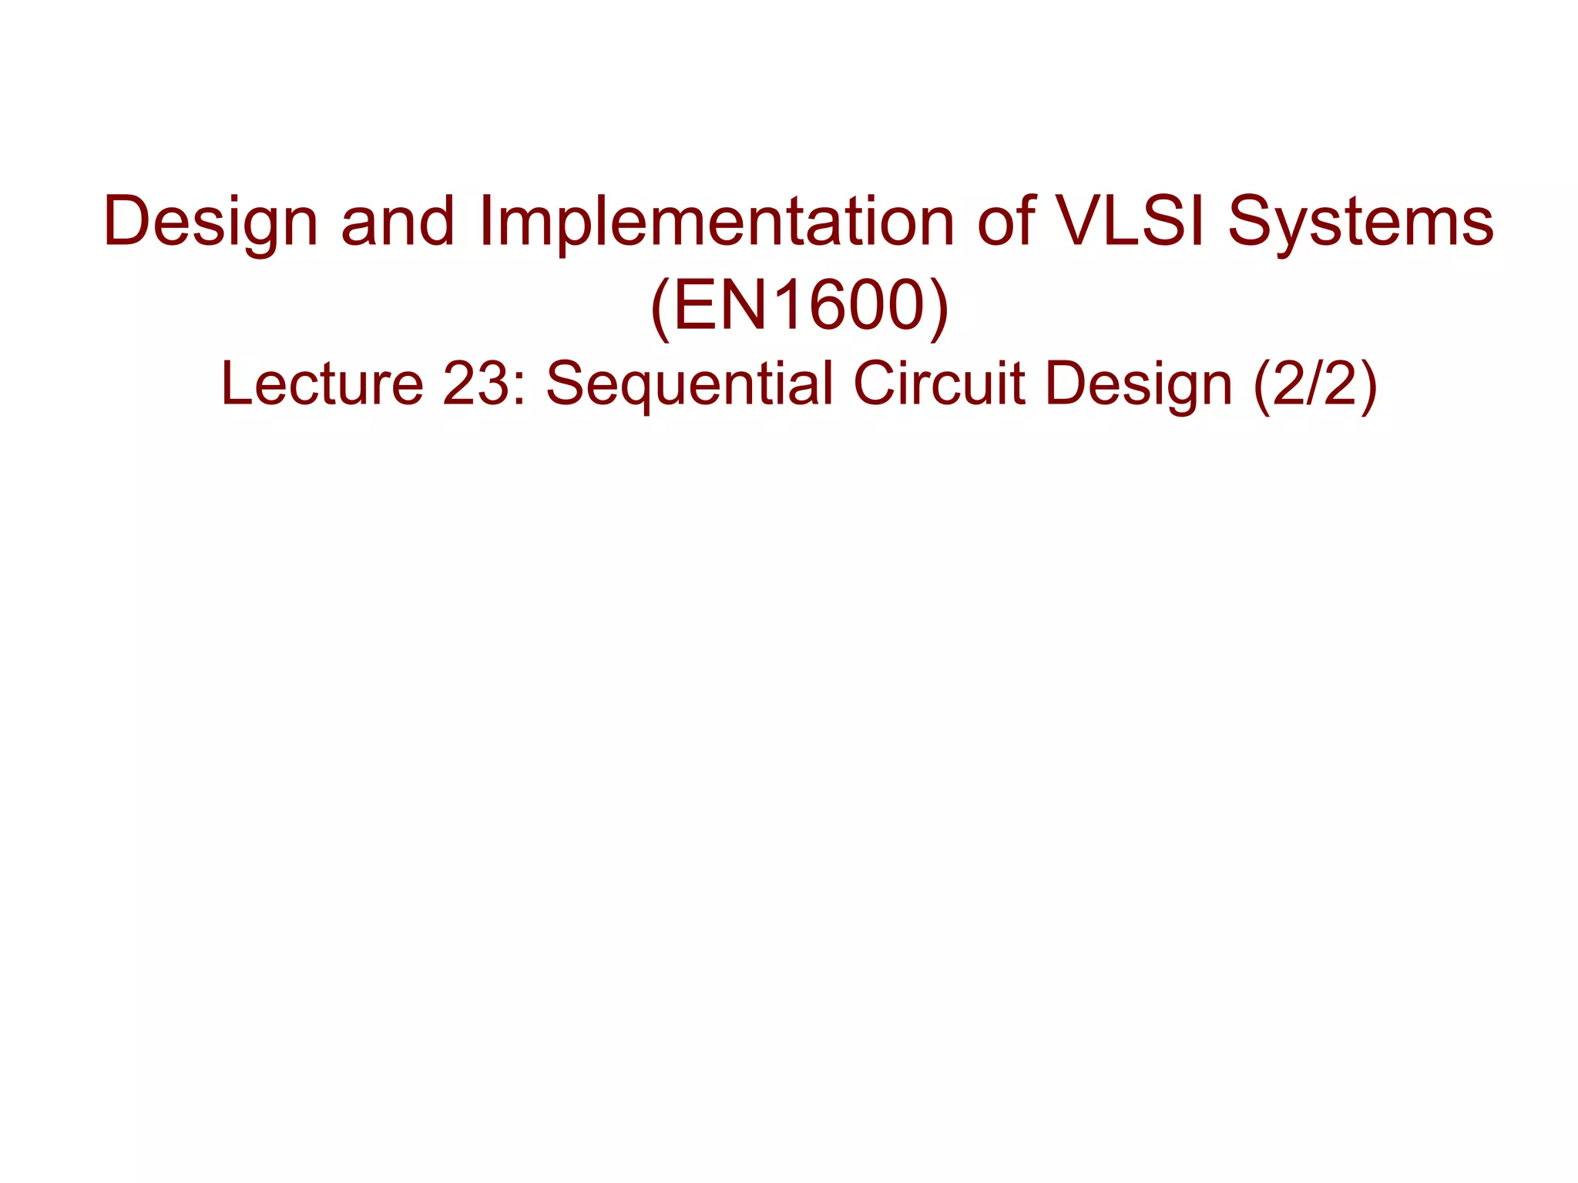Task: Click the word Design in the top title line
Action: pos(210,222)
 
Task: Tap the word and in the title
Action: pos(397,222)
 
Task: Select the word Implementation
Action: pos(716,222)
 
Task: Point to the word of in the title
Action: pos(1008,222)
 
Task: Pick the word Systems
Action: pos(1360,222)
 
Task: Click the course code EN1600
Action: pos(799,306)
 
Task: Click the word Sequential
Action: pos(690,384)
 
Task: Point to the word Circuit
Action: pos(938,384)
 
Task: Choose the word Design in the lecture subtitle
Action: pos(1138,384)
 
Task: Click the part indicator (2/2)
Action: pos(1315,384)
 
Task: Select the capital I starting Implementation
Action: pos(485,222)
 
